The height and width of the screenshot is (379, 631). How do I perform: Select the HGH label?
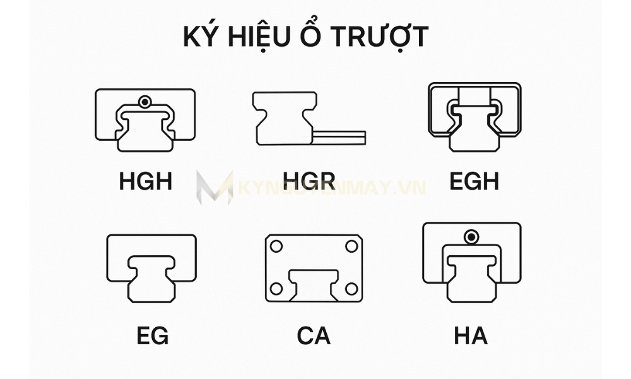tap(145, 181)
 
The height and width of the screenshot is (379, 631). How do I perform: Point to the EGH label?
tap(474, 181)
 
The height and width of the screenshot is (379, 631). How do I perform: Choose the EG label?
tap(152, 335)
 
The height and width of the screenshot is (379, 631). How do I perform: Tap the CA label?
tap(314, 335)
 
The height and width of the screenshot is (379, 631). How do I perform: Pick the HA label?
tap(471, 335)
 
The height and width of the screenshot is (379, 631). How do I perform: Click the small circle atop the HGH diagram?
tap(146, 101)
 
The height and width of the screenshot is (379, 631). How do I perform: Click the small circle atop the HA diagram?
tap(471, 237)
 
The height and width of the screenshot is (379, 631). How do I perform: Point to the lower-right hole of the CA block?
tap(351, 289)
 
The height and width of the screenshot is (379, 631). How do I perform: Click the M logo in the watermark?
tap(215, 187)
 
